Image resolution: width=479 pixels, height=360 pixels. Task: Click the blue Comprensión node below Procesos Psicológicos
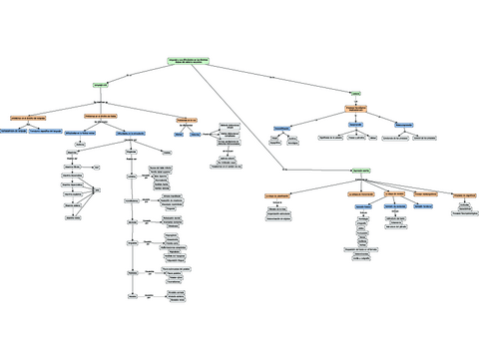pyautogui.click(x=354, y=125)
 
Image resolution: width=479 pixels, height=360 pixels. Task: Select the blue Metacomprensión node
pyautogui.click(x=403, y=125)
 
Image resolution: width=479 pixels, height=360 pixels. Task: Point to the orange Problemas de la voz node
pyautogui.click(x=192, y=118)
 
